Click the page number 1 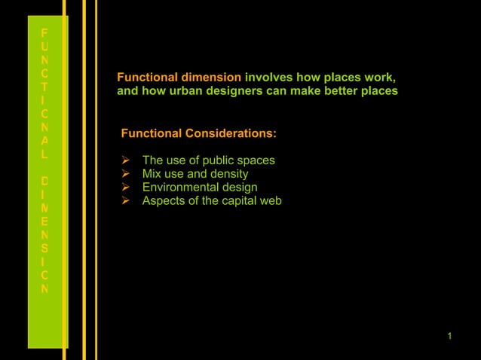point(449,335)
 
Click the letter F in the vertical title point(45,33)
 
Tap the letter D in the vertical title point(45,182)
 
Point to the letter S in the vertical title point(45,248)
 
